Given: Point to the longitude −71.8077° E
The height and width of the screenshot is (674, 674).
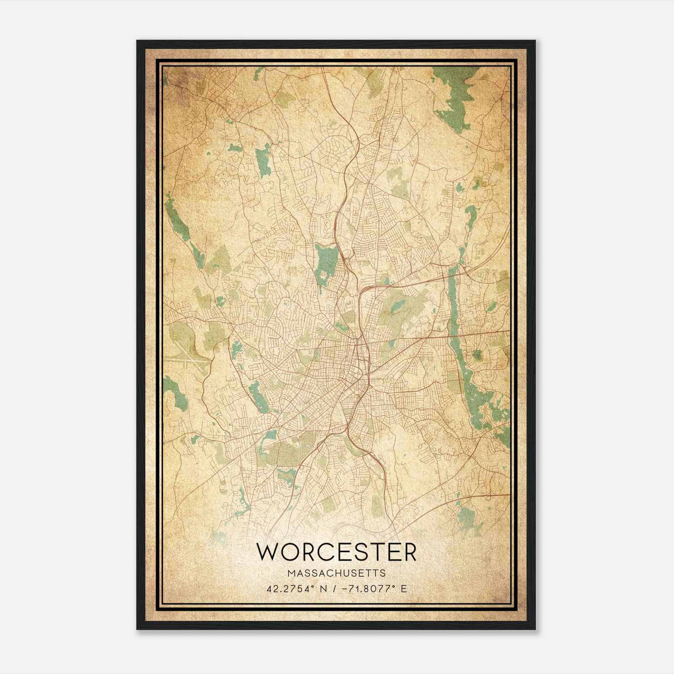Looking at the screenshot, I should coord(375,588).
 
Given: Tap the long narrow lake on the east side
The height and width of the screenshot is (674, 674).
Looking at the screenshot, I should coord(453,303).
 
